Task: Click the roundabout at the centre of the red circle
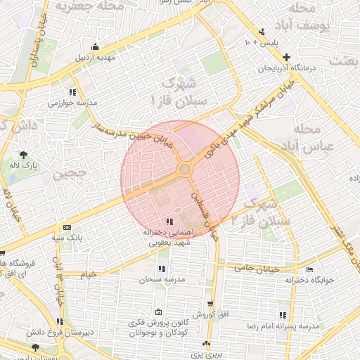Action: tap(185, 169)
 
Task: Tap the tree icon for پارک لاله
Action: tap(25, 155)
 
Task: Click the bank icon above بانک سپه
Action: tap(67, 228)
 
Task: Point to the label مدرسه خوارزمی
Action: tap(72, 103)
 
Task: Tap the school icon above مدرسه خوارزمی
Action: tap(72, 92)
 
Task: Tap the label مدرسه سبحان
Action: tap(162, 279)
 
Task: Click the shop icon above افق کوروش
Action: tap(210, 303)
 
